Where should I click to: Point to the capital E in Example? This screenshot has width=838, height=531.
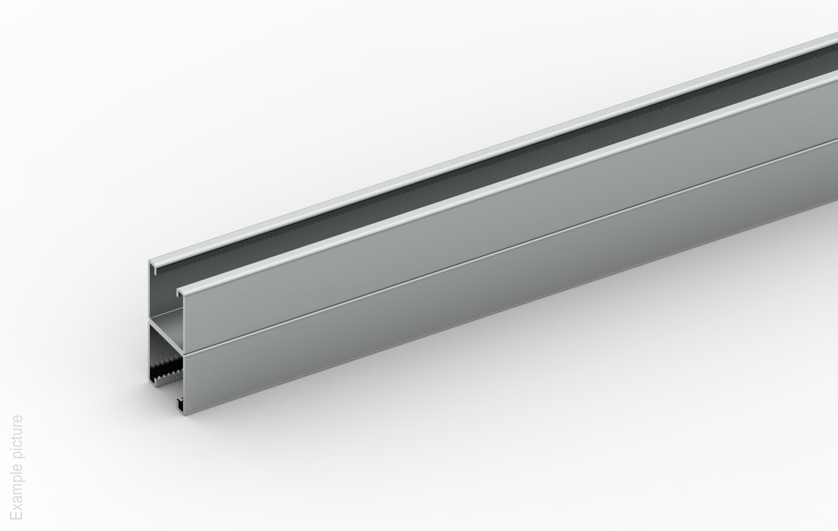tap(16, 515)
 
